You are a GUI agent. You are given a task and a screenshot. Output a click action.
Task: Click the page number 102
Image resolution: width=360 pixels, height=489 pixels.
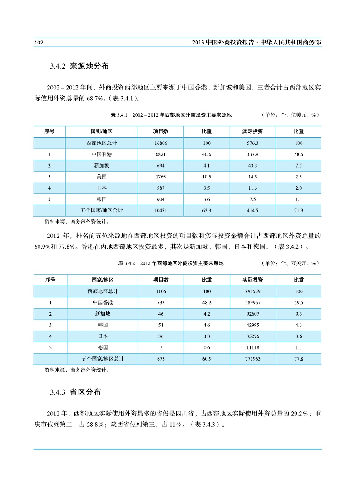coord(39,42)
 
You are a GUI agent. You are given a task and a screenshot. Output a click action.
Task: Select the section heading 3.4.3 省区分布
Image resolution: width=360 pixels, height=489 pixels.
coord(76,392)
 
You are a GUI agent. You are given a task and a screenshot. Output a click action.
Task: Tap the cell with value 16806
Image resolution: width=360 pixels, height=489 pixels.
coord(160,143)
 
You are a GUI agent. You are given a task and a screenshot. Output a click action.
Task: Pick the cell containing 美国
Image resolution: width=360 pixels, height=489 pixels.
coord(102,177)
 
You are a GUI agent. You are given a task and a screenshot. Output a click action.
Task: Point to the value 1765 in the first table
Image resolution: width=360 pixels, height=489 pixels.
coord(160,177)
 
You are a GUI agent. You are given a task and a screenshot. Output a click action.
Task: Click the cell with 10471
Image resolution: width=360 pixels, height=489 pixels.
coord(160,210)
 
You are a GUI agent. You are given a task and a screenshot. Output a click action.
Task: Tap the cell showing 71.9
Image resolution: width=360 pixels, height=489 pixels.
coord(298,210)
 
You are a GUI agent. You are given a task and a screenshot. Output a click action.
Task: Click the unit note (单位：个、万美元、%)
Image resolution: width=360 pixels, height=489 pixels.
coord(291,263)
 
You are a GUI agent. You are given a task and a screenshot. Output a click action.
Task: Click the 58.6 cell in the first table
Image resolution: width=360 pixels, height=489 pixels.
coord(298,154)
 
